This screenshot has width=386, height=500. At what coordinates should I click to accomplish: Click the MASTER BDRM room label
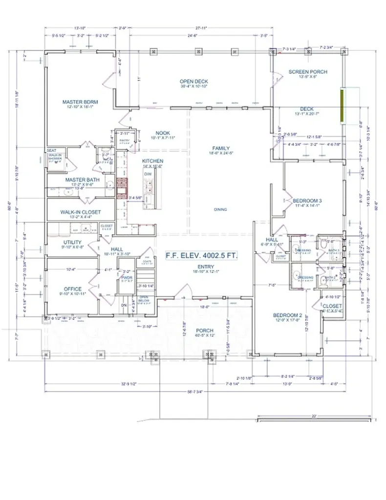tap(80, 102)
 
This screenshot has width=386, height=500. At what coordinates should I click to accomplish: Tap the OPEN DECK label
tap(194, 82)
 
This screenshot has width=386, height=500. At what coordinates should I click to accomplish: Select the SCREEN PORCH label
tap(308, 72)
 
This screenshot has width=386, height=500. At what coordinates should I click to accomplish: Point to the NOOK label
tap(163, 133)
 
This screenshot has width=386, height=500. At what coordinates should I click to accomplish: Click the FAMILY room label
tap(221, 148)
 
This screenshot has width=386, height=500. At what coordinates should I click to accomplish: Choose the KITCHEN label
tap(152, 161)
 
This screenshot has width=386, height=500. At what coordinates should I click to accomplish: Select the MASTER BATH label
tap(83, 180)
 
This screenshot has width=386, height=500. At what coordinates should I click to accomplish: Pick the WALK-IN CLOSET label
tap(81, 212)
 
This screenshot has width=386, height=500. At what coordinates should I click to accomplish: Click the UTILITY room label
tap(72, 242)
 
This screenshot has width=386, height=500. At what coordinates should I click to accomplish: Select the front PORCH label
tap(204, 330)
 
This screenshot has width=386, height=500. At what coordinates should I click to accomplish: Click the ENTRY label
tap(206, 266)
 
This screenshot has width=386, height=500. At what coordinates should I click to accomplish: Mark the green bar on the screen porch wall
tap(343, 106)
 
